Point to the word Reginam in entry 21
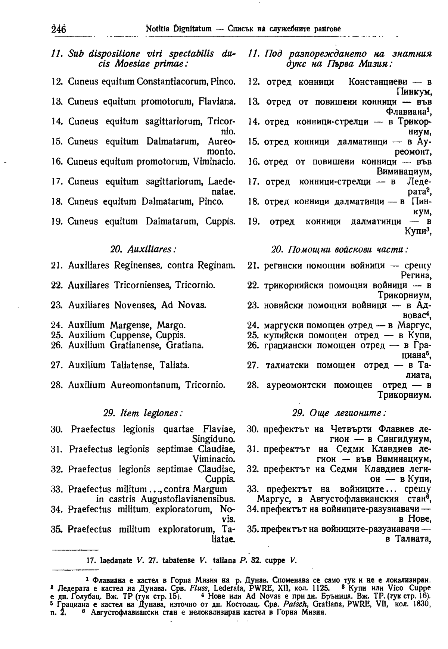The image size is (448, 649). click(217, 265)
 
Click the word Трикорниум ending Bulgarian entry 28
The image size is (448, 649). click(405, 395)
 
